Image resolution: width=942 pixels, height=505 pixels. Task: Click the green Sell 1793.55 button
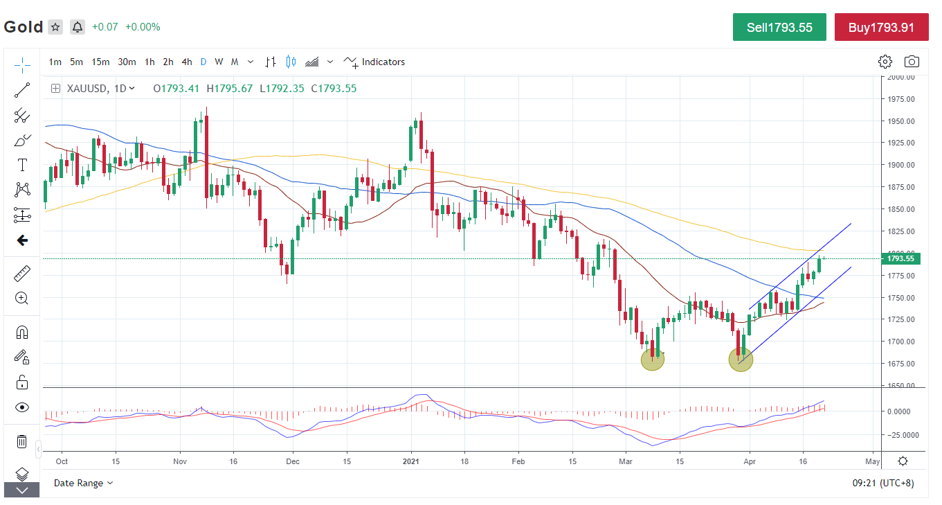(x=779, y=28)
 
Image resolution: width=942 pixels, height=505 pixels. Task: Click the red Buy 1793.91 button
(x=881, y=28)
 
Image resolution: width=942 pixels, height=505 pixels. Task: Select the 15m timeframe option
(x=100, y=62)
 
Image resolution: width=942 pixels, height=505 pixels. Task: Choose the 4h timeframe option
(x=187, y=62)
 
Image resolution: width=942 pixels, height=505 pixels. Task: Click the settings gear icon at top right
(x=885, y=62)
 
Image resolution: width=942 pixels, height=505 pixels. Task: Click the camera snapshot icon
(x=912, y=62)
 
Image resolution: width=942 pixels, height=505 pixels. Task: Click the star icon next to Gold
(x=55, y=27)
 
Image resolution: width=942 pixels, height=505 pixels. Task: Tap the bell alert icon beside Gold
(x=78, y=27)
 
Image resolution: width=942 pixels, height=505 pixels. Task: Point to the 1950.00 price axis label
(x=901, y=121)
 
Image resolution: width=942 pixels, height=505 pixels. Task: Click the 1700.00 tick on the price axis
(x=901, y=342)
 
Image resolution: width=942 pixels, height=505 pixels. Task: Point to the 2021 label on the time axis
(x=411, y=461)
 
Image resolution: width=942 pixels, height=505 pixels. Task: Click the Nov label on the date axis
(x=180, y=461)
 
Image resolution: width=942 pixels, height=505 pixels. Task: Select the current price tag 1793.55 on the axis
(x=900, y=259)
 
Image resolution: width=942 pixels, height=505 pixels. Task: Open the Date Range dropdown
(x=84, y=483)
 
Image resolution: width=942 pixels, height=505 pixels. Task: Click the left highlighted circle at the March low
(x=653, y=359)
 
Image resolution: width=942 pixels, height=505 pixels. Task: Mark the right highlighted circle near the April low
(x=741, y=360)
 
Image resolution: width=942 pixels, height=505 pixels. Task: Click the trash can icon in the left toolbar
(x=22, y=441)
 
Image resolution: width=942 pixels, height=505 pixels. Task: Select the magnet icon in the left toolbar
(x=22, y=332)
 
